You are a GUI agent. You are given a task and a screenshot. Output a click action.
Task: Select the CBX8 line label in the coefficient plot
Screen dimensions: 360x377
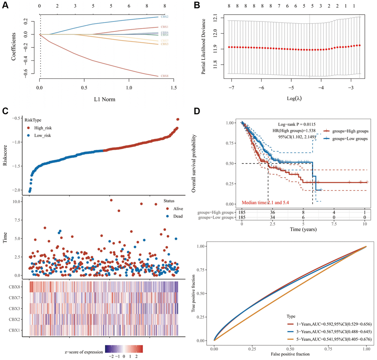164,76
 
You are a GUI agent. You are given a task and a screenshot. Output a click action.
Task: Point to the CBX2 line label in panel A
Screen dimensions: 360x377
164,17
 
